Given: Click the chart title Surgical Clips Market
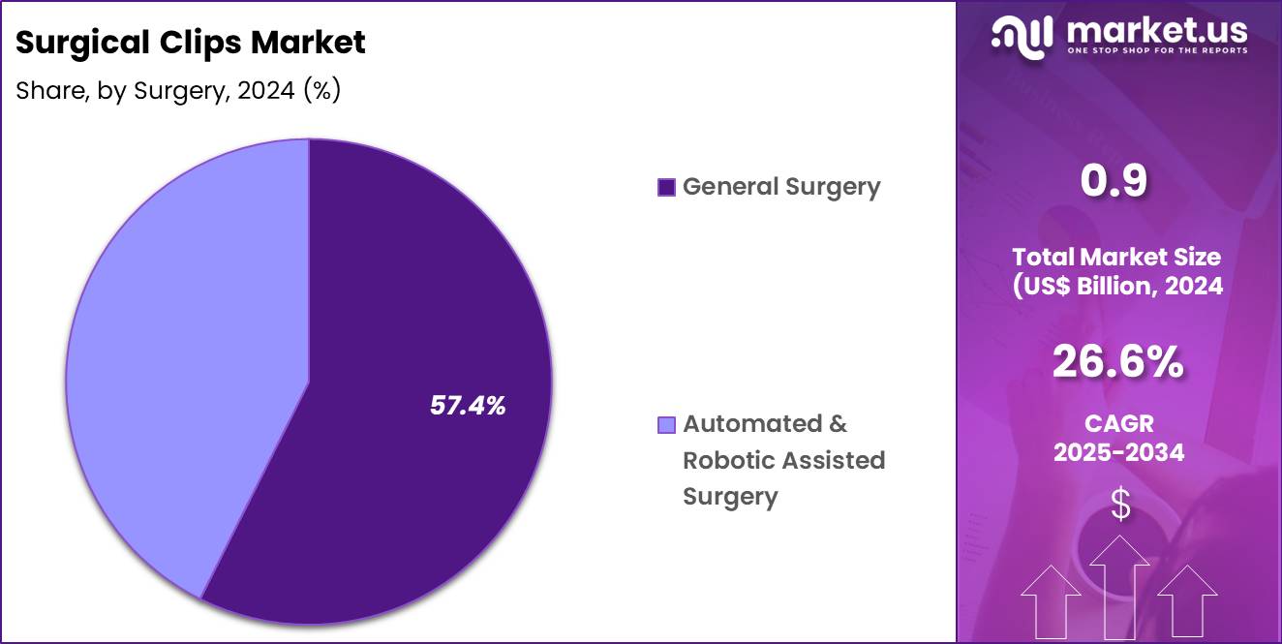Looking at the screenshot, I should tap(191, 43).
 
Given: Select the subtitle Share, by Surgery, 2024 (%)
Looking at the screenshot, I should tap(178, 90).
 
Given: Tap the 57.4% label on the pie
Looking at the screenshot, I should tap(468, 406).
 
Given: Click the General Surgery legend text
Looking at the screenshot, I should tap(781, 186).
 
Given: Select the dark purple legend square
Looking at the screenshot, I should tap(666, 187).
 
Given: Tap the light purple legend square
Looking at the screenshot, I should tap(666, 425).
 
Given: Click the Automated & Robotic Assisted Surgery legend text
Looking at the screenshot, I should tap(783, 460).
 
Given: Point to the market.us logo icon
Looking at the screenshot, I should tap(1024, 36).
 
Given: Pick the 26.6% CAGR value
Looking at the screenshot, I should tap(1117, 363).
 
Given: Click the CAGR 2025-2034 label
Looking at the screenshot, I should tap(1118, 438).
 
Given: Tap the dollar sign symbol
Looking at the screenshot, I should tap(1119, 505).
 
